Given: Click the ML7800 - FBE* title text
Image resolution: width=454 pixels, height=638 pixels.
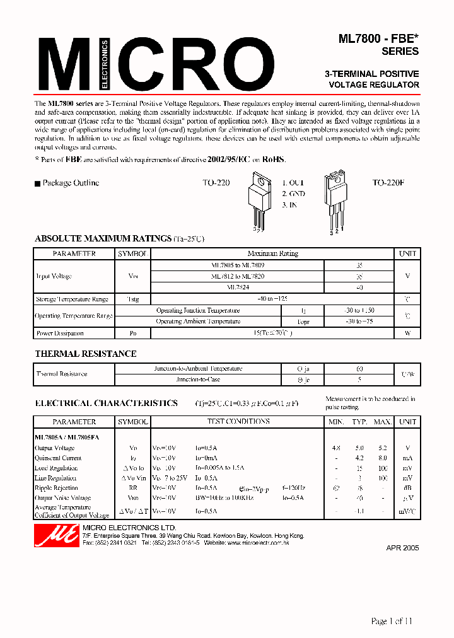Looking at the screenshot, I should click(x=378, y=39).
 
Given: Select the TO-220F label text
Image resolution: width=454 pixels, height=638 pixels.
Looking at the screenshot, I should click(x=388, y=183).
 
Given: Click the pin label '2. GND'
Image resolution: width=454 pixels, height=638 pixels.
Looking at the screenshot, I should click(x=293, y=194).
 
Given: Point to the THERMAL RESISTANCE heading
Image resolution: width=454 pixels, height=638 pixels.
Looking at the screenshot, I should click(x=85, y=354).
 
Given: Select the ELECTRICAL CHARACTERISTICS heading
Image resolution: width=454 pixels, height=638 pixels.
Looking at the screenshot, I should click(x=106, y=403).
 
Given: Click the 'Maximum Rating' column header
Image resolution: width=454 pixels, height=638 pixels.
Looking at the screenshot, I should click(x=272, y=253).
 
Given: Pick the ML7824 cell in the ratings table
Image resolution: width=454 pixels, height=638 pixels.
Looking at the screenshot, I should click(x=238, y=287).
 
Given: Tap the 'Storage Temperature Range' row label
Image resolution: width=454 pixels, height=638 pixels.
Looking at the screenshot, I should click(x=72, y=299).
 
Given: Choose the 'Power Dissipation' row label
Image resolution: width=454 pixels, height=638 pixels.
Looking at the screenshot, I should click(x=60, y=333).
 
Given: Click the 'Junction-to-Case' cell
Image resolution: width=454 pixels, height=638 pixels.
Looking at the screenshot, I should click(x=198, y=380).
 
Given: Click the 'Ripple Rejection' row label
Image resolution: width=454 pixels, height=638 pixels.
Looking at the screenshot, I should click(x=56, y=488).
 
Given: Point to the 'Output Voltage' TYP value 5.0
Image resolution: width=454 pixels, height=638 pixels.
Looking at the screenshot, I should click(x=359, y=448).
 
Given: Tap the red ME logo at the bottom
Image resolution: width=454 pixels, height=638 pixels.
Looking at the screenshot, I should click(x=47, y=536).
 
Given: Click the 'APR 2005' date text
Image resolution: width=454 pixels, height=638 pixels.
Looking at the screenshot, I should click(x=402, y=548).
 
